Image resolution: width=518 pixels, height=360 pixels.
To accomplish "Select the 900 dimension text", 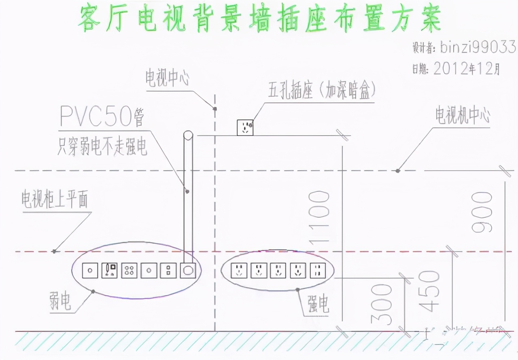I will point(482,212).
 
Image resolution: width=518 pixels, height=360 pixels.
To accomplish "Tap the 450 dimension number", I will point(430,290).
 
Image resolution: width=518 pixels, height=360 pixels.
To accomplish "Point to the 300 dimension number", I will point(382,304).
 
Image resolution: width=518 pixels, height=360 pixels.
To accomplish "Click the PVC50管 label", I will point(102,116).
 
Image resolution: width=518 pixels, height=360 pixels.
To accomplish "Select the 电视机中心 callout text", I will point(463,116).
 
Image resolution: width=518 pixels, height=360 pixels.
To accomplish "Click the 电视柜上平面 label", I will point(55,200).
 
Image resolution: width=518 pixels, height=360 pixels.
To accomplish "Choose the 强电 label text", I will point(318,303).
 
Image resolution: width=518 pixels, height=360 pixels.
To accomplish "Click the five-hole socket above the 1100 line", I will point(245,127).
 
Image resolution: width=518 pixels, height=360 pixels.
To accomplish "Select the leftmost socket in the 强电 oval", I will point(239,271).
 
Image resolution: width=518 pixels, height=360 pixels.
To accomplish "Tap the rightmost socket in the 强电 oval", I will point(318,271).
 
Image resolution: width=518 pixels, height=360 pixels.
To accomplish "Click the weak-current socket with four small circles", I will point(129,271).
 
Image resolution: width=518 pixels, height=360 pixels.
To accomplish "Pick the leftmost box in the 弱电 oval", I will point(90,271).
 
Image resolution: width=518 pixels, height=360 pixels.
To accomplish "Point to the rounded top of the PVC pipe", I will point(188,136).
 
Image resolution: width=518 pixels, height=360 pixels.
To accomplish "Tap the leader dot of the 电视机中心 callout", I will point(398,171).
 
